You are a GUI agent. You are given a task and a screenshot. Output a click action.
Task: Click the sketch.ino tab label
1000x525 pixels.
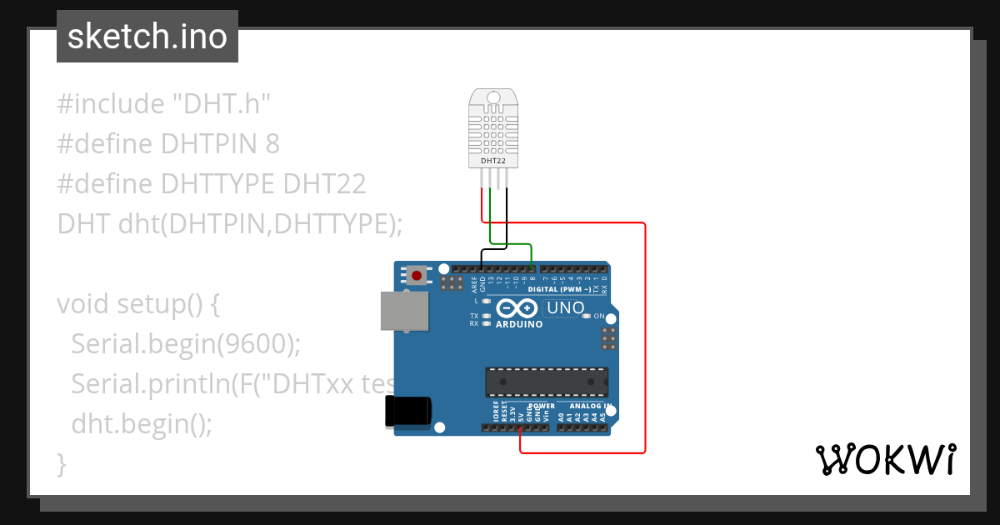pos(147,37)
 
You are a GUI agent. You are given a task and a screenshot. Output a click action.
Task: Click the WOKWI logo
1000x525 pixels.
pos(885,459)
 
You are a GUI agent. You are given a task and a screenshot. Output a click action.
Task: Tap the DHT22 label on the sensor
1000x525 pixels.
pos(493,159)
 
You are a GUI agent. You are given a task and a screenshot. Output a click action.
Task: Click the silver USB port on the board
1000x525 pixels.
pos(404,311)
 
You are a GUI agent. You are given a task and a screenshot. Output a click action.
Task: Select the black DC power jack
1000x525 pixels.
pos(407,412)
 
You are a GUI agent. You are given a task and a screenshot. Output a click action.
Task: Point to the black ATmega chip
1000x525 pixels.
pos(547,382)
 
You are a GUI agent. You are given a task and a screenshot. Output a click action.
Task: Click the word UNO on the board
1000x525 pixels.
pos(566,308)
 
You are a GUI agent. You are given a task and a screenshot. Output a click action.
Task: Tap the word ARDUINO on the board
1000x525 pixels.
pos(519,324)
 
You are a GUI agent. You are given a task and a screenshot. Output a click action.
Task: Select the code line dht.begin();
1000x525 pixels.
pos(142,423)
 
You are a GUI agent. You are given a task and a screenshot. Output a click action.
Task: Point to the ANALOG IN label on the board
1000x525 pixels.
pos(591,406)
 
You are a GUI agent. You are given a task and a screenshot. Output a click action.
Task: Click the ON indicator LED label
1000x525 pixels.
pos(599,316)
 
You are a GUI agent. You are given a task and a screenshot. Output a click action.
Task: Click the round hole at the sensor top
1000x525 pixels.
pos(493,98)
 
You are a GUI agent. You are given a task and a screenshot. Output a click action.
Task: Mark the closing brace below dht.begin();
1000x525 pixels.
pos(61,462)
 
